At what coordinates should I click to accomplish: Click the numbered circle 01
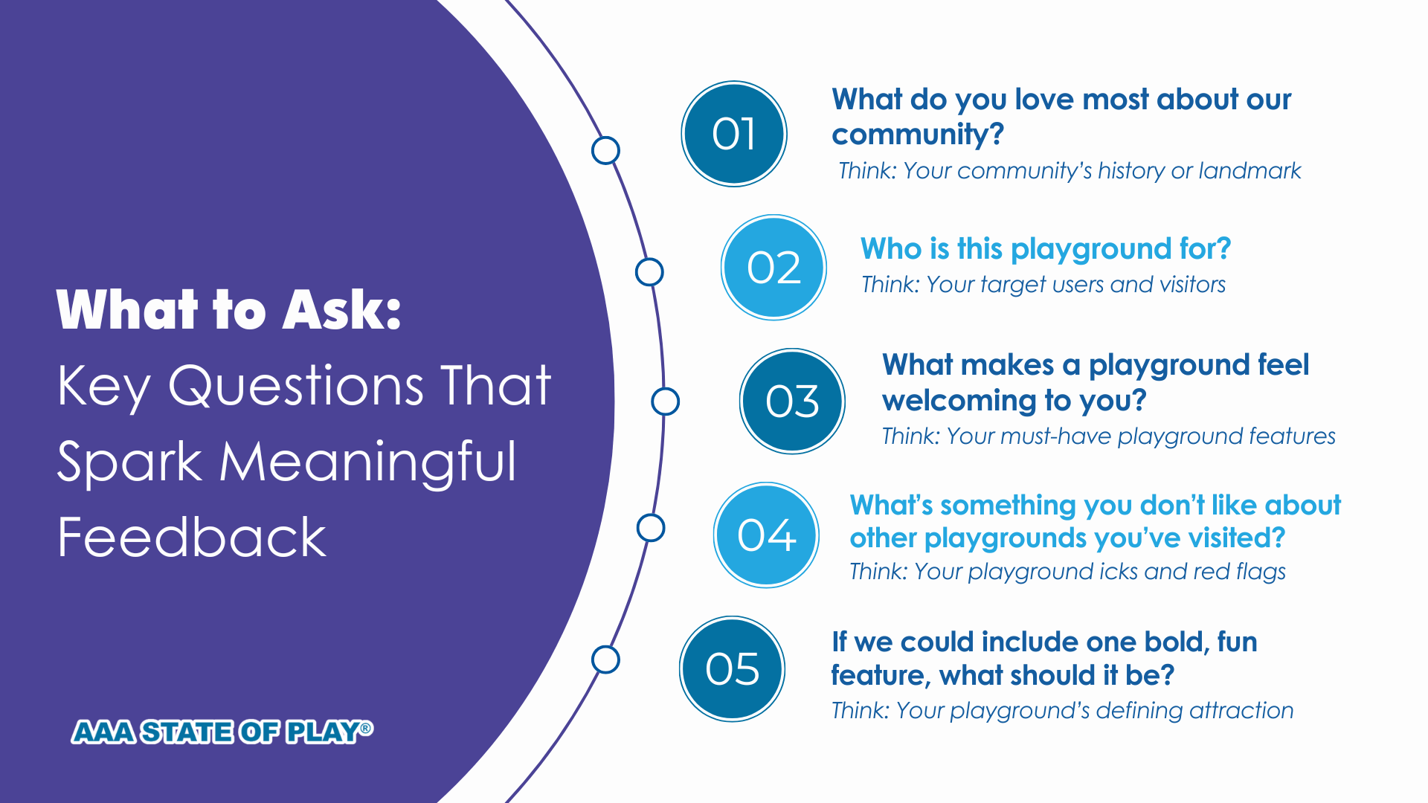pyautogui.click(x=734, y=134)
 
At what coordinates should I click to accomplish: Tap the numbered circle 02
pyautogui.click(x=773, y=268)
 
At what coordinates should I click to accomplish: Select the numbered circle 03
pyautogui.click(x=792, y=401)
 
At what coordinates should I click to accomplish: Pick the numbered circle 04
pyautogui.click(x=766, y=535)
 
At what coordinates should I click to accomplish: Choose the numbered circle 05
pyautogui.click(x=733, y=668)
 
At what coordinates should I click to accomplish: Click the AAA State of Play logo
pyautogui.click(x=222, y=732)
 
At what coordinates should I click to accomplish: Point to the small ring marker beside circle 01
pyautogui.click(x=605, y=150)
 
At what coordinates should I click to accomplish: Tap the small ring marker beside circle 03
pyautogui.click(x=665, y=401)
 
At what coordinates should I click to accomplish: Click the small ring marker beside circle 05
pyautogui.click(x=605, y=660)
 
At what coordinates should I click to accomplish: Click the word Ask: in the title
pyautogui.click(x=342, y=310)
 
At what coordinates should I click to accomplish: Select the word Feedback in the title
pyautogui.click(x=192, y=537)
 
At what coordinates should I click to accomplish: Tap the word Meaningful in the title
pyautogui.click(x=368, y=463)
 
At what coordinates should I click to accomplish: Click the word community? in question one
pyautogui.click(x=918, y=135)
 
